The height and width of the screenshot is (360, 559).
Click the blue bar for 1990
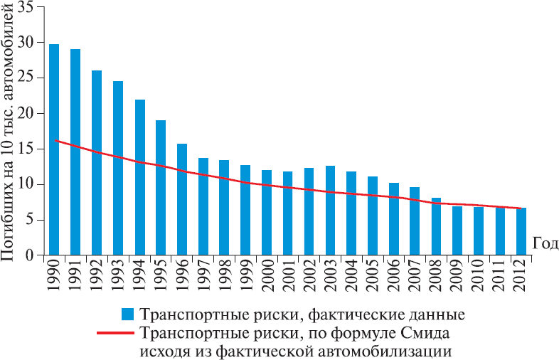tap(54, 149)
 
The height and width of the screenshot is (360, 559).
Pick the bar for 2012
tap(521, 232)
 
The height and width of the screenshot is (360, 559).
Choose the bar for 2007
tap(415, 221)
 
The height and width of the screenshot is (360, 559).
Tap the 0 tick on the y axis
tap(30, 255)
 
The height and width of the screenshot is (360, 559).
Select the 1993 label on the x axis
tap(118, 280)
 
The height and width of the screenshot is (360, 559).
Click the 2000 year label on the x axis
tap(266, 280)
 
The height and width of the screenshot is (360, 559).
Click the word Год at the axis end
tap(545, 243)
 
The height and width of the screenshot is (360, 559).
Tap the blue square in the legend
tap(127, 314)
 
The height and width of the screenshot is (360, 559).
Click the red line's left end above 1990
tap(55, 140)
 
